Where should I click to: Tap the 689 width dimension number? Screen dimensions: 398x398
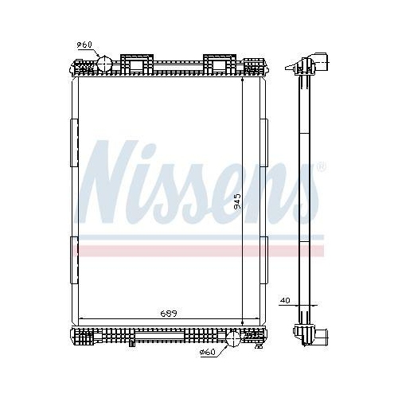pos(166,314)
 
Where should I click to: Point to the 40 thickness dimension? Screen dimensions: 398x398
pos(285,302)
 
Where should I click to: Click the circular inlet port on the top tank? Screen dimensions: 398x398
pos(105,64)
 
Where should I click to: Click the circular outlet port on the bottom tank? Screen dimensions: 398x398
pos(232,338)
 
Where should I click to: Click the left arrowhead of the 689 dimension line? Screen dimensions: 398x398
pos(81,321)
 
